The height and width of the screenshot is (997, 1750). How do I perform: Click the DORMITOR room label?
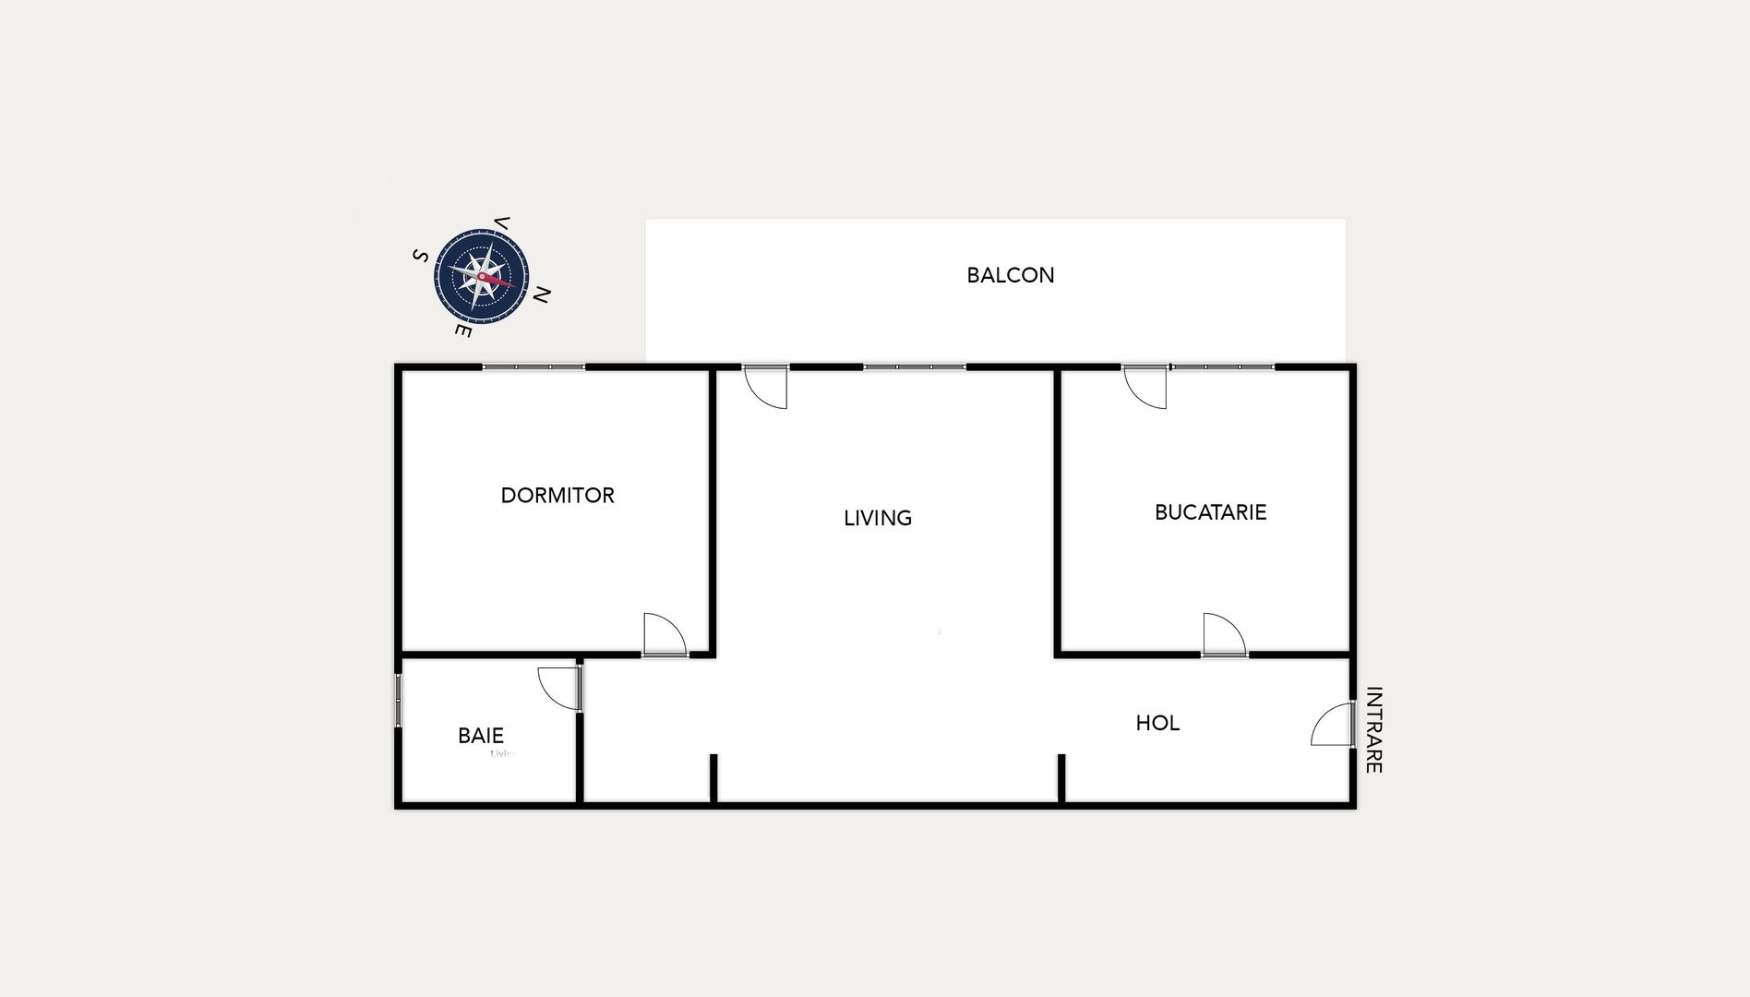click(557, 496)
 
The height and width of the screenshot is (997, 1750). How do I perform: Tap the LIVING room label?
click(878, 519)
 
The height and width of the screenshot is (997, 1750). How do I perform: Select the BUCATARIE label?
click(1210, 512)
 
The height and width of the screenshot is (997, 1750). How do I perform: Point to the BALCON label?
click(1010, 275)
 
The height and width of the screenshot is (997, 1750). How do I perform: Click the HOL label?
click(1157, 723)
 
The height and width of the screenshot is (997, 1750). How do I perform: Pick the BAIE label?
click(481, 736)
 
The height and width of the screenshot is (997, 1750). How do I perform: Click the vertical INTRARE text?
click(1373, 729)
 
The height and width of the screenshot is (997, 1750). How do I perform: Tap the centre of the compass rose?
click(482, 276)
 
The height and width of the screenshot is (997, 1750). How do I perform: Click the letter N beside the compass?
click(543, 295)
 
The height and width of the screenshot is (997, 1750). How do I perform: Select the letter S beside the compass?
click(420, 256)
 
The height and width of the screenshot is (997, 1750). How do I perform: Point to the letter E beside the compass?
click(463, 330)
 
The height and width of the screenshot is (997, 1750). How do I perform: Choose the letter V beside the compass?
click(503, 222)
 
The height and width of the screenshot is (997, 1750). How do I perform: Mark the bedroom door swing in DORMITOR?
click(665, 635)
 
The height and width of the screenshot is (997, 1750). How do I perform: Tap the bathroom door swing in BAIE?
click(559, 688)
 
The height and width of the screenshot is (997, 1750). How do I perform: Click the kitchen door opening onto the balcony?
click(1145, 387)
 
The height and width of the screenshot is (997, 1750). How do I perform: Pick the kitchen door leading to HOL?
click(1224, 635)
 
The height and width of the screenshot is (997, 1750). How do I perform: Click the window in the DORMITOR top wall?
click(533, 367)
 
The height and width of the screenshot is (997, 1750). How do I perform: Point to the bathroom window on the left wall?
click(399, 700)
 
